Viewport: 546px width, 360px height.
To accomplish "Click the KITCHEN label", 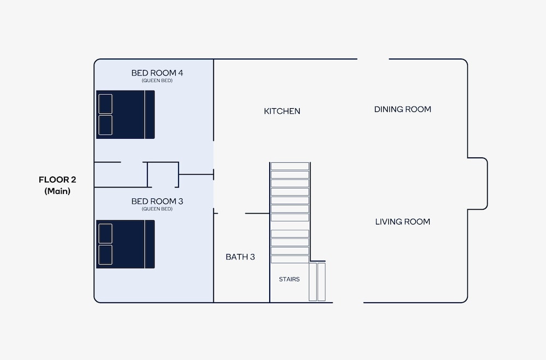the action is pos(282,111).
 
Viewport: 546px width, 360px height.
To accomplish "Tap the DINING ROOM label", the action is pos(402,109).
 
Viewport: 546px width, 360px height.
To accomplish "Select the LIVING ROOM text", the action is pos(402,222).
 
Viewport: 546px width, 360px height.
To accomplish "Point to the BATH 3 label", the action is pos(240,257).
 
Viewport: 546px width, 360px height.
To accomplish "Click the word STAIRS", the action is pos(289,279).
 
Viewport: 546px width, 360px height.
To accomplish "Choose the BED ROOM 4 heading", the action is pos(157,73).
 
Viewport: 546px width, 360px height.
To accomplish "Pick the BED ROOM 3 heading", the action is pos(157,201).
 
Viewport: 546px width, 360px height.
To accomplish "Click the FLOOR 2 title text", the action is pos(57,180).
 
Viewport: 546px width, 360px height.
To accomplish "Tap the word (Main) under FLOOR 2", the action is pos(57,191).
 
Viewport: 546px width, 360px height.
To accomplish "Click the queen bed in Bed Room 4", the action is pos(126,115).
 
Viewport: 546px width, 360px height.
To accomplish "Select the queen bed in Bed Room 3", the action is pos(126,244).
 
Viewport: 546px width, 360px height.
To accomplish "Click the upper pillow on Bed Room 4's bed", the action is pos(105,104).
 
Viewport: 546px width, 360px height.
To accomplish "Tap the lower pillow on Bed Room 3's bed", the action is pos(105,255).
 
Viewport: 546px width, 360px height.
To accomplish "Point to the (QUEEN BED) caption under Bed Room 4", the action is pos(157,80).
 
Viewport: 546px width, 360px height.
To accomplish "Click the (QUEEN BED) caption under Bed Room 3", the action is pos(157,209).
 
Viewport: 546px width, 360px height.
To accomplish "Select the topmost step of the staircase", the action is pos(290,166).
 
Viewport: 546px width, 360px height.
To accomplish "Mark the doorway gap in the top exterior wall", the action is pos(373,59).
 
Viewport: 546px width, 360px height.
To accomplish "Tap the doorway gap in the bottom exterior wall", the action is pos(348,303).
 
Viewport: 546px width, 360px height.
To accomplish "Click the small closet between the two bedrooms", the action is pos(163,175).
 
